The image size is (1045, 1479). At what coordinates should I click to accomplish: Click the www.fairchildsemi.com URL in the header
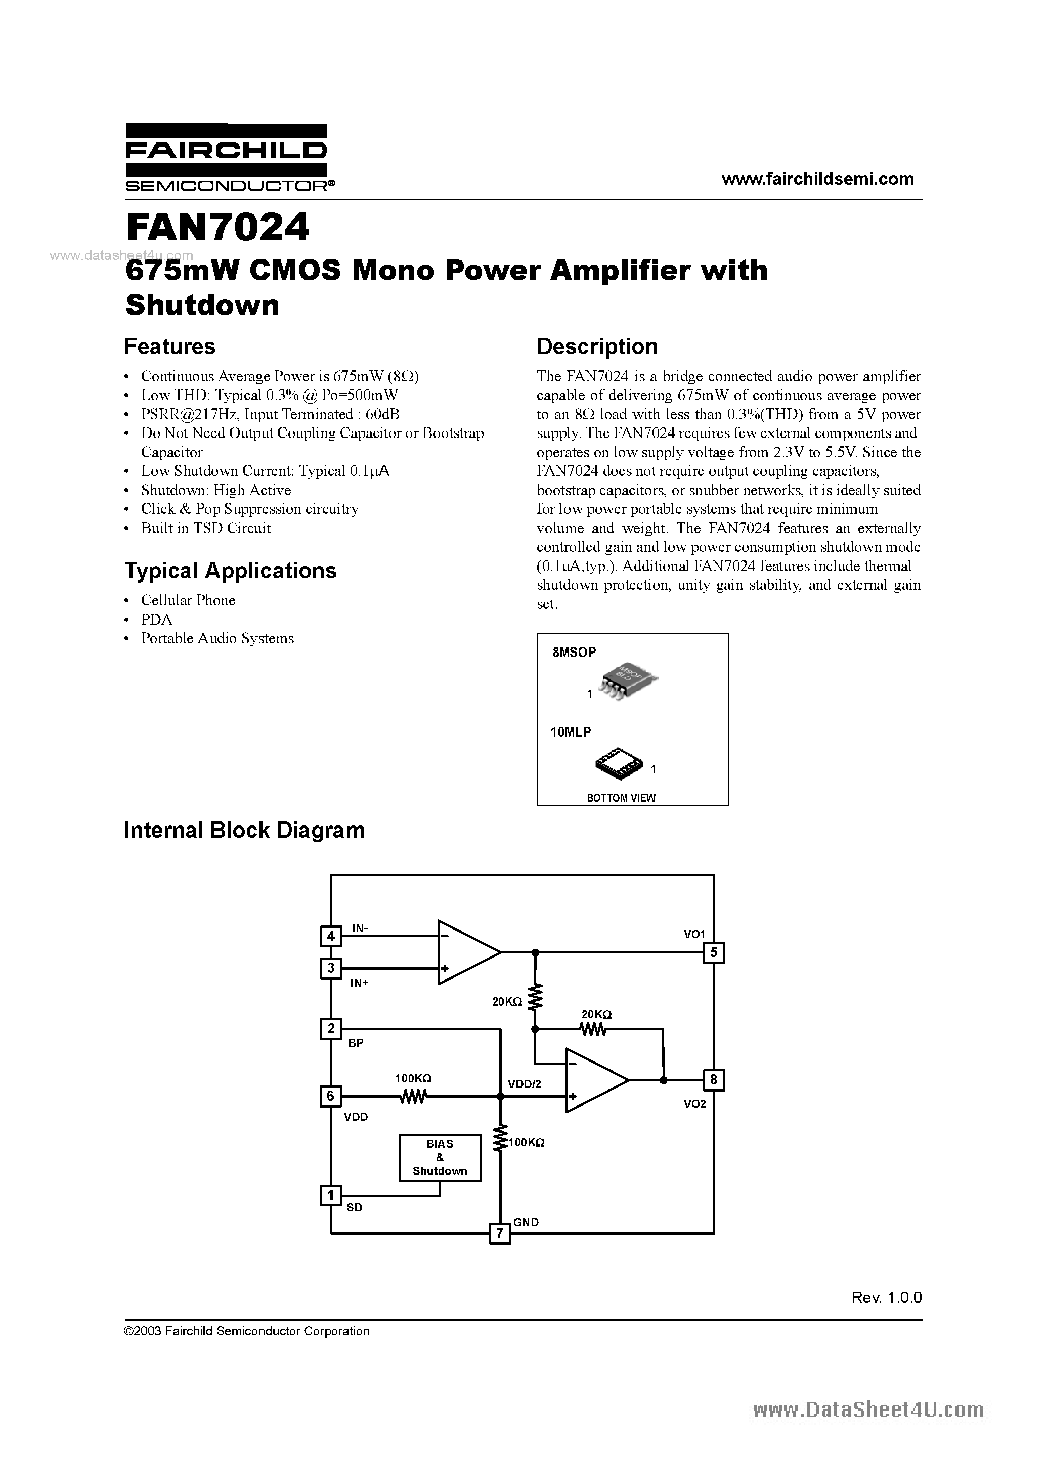[x=817, y=179]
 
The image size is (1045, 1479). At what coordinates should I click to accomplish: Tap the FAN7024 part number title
[x=217, y=228]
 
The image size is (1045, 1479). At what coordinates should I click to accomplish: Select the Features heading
[x=169, y=346]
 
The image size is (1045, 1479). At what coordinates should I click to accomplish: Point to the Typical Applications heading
[x=230, y=571]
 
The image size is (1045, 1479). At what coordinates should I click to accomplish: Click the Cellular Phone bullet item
[x=188, y=600]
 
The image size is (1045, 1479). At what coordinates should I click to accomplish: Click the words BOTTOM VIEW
[x=621, y=798]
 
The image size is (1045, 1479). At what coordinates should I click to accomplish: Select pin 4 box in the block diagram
[x=330, y=935]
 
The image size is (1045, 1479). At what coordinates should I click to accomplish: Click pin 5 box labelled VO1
[x=714, y=952]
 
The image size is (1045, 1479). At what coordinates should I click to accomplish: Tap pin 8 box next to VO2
[x=714, y=1079]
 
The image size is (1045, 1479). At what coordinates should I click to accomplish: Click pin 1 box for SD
[x=330, y=1196]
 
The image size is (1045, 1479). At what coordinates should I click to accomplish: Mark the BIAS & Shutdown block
[x=440, y=1158]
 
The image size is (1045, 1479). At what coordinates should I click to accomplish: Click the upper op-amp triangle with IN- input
[x=465, y=952]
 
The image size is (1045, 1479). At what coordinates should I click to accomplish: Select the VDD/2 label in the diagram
[x=525, y=1084]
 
